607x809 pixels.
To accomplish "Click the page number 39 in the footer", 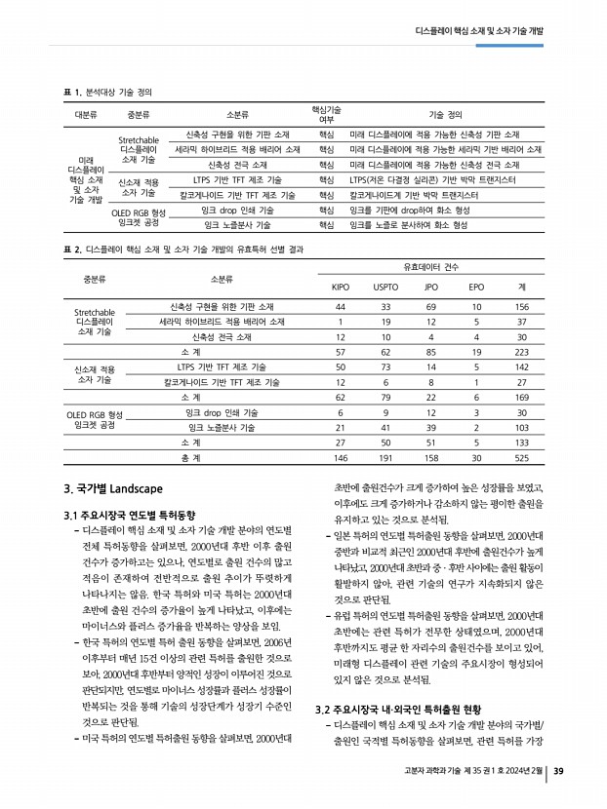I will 558,773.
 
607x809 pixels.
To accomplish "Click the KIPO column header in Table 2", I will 341,287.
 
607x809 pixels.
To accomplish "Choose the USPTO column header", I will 385,287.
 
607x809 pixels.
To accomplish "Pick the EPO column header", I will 476,287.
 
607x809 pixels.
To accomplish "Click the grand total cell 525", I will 522,457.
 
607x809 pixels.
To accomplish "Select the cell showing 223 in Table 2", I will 522,351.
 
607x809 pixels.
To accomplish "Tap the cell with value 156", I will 522,307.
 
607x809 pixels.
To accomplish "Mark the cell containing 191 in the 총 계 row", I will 385,457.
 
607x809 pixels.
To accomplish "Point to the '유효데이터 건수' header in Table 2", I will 431,266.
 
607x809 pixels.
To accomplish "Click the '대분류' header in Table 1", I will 86,114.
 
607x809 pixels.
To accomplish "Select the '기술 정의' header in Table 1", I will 445,114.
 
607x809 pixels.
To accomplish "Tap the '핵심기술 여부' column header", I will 325,114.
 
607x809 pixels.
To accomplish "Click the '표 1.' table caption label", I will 71,92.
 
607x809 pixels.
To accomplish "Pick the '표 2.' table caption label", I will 71,250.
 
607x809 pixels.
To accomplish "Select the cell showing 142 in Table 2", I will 522,366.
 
